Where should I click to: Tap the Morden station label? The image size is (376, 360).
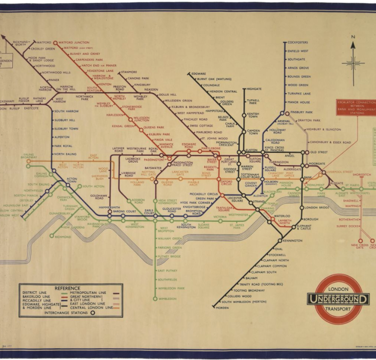[222, 308]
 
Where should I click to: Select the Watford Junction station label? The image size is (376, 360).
[73, 43]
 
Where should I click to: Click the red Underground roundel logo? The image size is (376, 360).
[338, 298]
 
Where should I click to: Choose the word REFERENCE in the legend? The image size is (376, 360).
[68, 288]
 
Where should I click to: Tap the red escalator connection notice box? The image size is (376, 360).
[357, 107]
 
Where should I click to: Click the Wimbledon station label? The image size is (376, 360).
[167, 298]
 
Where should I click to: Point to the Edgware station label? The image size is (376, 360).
[199, 73]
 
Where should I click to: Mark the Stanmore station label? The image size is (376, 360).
[129, 72]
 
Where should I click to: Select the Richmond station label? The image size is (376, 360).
[63, 237]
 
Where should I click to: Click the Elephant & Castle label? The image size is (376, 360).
[304, 227]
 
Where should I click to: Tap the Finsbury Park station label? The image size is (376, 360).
[301, 112]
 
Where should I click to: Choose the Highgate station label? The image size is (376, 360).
[255, 89]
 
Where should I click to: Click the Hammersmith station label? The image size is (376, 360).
[109, 207]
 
